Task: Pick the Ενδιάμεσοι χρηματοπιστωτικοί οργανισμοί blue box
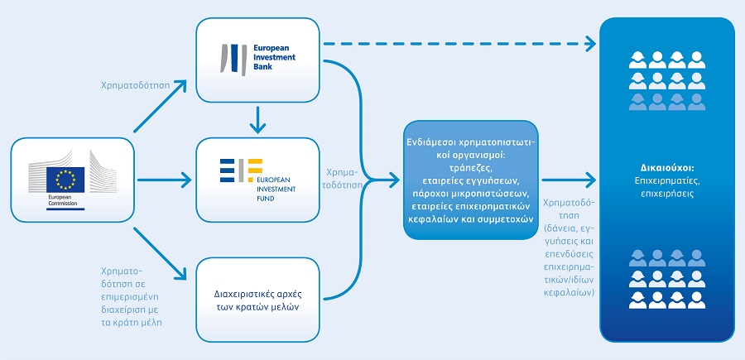point(471,180)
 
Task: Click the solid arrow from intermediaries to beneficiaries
point(568,178)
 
